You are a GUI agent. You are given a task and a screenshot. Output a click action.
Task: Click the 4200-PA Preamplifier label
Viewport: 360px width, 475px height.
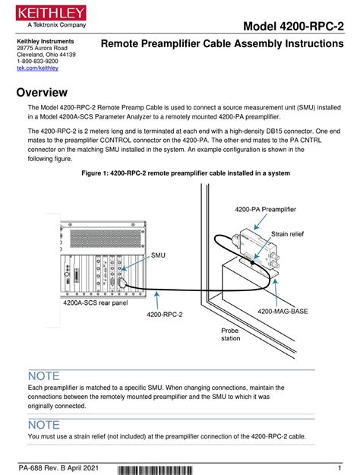click(260, 208)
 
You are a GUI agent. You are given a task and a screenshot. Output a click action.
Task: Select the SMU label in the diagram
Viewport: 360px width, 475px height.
click(159, 256)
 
